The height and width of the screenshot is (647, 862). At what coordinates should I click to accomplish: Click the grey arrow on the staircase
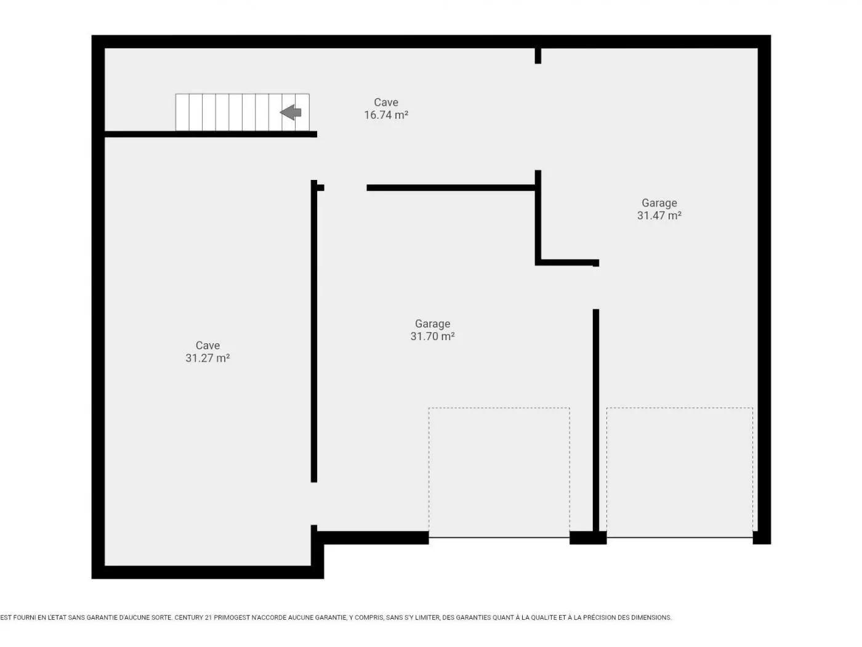click(x=291, y=112)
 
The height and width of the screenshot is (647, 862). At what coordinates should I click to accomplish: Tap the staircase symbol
click(x=243, y=112)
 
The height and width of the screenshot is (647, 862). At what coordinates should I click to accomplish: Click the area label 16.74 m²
click(x=386, y=115)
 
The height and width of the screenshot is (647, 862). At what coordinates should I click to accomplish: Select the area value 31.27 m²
click(x=207, y=358)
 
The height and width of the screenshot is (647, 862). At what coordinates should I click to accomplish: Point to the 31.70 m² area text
click(x=433, y=336)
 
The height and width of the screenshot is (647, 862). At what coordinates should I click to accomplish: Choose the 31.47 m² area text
click(x=659, y=216)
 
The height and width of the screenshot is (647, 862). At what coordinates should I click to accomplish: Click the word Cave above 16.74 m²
click(x=386, y=102)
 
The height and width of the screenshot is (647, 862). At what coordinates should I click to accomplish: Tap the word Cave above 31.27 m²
click(x=207, y=345)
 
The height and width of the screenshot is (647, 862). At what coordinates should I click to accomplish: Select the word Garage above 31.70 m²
click(x=433, y=323)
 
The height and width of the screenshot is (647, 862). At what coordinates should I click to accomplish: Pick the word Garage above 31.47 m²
click(x=659, y=203)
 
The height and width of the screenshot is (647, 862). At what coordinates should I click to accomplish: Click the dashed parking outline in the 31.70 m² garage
click(x=499, y=408)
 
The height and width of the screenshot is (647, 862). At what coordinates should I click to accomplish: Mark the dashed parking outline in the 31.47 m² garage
click(x=680, y=408)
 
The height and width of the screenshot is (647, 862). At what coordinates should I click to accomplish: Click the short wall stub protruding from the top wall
click(x=538, y=55)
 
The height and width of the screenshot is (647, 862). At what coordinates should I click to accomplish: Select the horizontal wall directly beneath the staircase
click(x=211, y=134)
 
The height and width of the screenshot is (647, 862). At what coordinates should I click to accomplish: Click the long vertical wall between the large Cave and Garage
click(x=314, y=331)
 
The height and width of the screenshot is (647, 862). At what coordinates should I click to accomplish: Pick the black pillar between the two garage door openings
click(x=588, y=537)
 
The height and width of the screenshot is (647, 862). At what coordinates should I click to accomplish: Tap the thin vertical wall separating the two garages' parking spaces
click(x=596, y=420)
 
